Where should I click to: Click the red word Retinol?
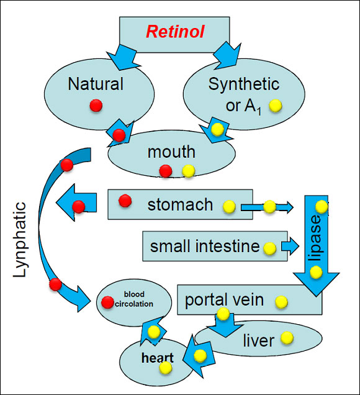[175, 32]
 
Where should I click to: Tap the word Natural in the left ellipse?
[96, 84]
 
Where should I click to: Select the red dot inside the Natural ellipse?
[96, 106]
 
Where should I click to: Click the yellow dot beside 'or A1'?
[275, 106]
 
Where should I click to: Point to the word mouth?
[171, 152]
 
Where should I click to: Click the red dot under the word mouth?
[166, 171]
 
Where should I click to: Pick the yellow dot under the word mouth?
[189, 171]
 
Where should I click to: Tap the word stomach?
[180, 204]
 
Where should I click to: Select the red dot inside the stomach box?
[125, 201]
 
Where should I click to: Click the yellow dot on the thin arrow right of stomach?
[269, 207]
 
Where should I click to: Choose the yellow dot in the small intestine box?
[269, 248]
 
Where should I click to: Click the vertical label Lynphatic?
[20, 239]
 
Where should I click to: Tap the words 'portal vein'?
[224, 300]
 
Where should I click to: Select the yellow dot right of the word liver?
[287, 338]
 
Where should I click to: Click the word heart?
[158, 358]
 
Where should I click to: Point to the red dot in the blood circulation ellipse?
[107, 302]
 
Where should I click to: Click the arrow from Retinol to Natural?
[124, 57]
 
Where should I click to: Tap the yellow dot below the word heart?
[166, 368]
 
